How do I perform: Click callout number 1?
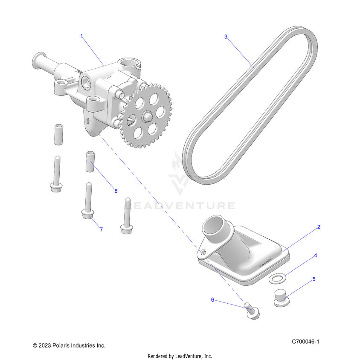pos(82,36)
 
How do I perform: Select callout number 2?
pos(318,227)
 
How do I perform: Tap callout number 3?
pos(226,37)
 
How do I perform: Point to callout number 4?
pos(315,255)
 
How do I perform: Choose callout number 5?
pos(314,279)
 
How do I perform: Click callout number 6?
pos(212,299)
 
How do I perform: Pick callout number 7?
pos(101,229)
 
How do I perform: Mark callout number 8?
pos(116,191)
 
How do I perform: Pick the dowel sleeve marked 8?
pos(90,161)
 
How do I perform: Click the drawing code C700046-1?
pos(305,342)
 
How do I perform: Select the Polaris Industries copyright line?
pos(69,345)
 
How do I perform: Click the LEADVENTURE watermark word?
pos(182,206)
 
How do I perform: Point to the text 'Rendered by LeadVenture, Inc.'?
pos(180,356)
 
